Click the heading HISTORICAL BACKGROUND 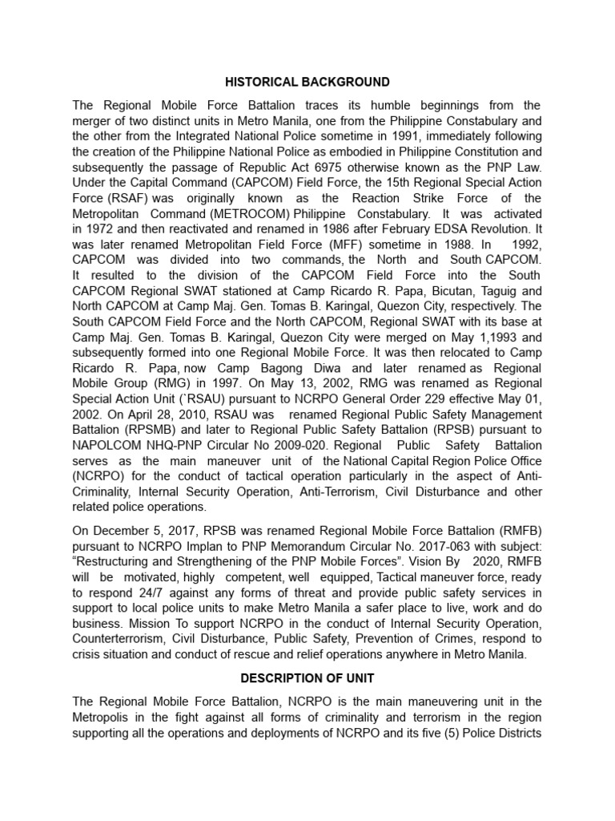[x=307, y=82]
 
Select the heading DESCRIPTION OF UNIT [x=307, y=677]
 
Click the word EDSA [x=451, y=229]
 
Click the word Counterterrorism [x=122, y=638]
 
